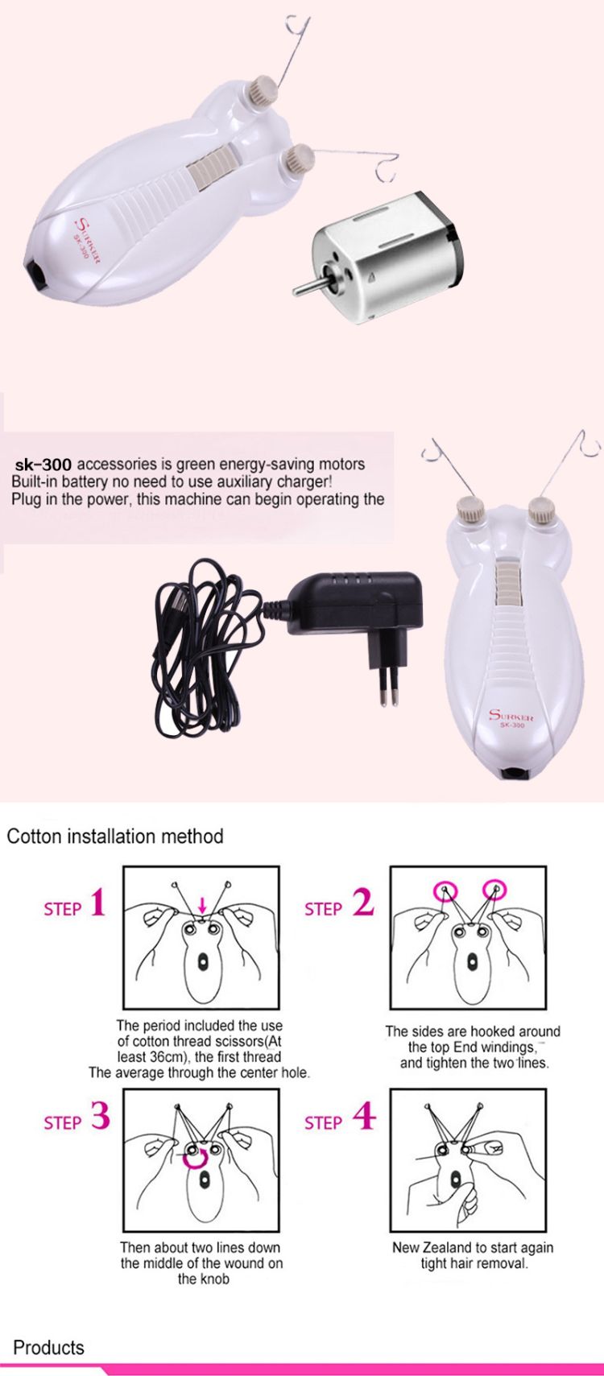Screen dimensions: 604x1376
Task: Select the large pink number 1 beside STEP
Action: point(97,904)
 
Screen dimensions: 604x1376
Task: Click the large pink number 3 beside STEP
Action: point(101,1116)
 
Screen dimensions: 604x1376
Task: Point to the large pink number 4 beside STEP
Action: point(364,1116)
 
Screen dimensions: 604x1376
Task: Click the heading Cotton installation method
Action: point(115,837)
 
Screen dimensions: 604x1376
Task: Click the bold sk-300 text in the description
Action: point(43,463)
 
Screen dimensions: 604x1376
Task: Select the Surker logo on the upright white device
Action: point(511,717)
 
